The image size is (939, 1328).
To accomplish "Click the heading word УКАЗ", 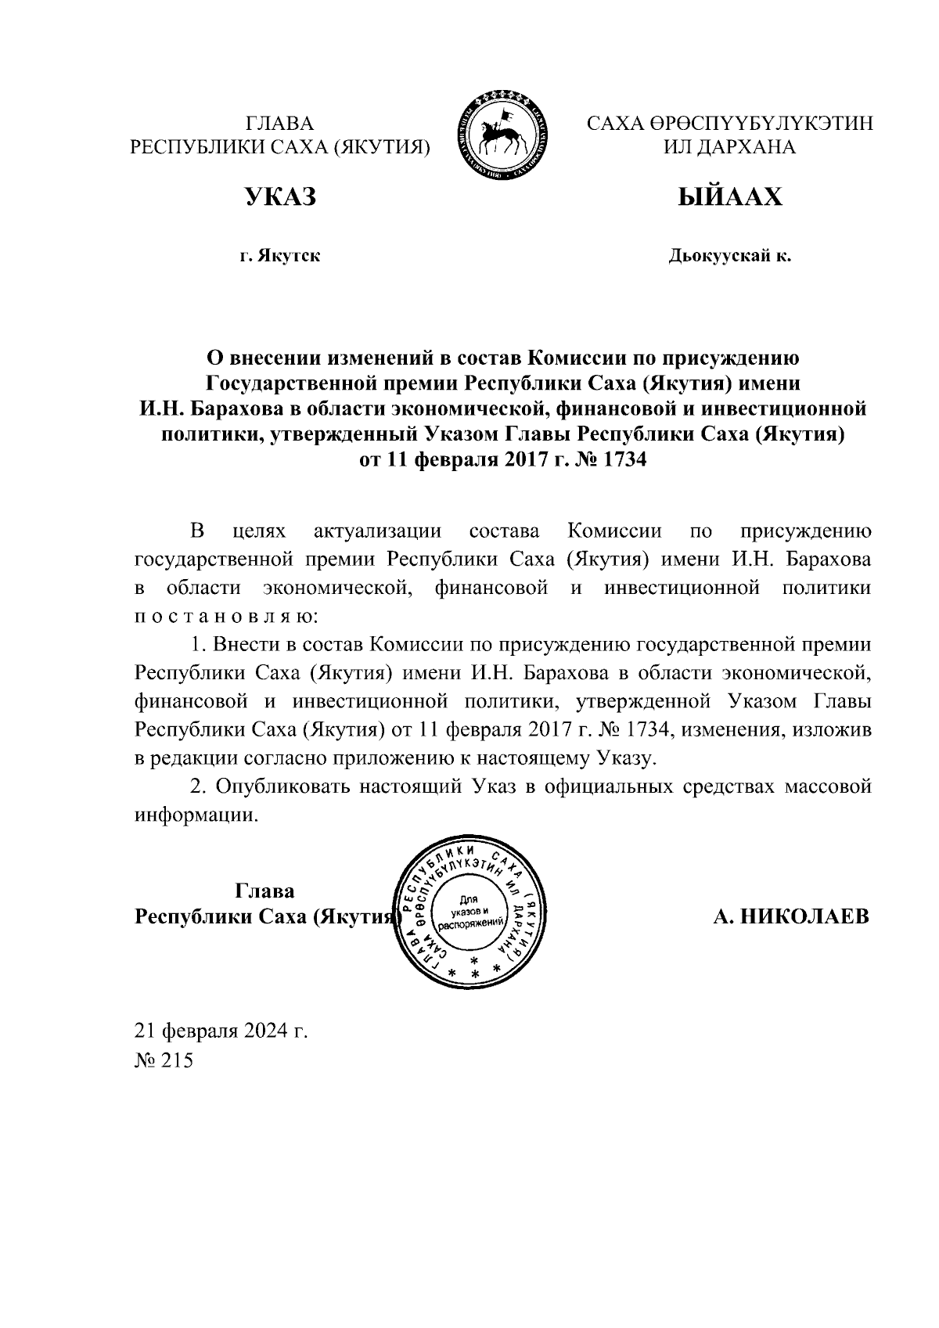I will coord(281,196).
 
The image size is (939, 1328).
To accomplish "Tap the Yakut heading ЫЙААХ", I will coord(729,196).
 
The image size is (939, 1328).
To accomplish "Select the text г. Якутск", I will coord(280,255).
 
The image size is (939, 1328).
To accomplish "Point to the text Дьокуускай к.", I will coord(729,255).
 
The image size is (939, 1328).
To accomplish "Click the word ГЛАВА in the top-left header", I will coord(280,124).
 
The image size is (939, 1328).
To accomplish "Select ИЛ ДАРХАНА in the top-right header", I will coord(729,147).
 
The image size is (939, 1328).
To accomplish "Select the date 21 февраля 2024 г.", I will coord(221,1031).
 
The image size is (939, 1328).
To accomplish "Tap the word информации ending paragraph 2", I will coord(196,815).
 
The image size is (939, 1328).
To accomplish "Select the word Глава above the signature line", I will coord(264,891).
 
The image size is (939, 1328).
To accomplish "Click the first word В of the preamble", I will coord(198,532).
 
